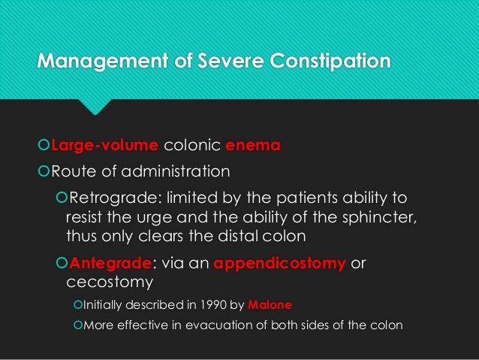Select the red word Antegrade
click(x=110, y=264)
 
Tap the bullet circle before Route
click(x=44, y=173)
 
